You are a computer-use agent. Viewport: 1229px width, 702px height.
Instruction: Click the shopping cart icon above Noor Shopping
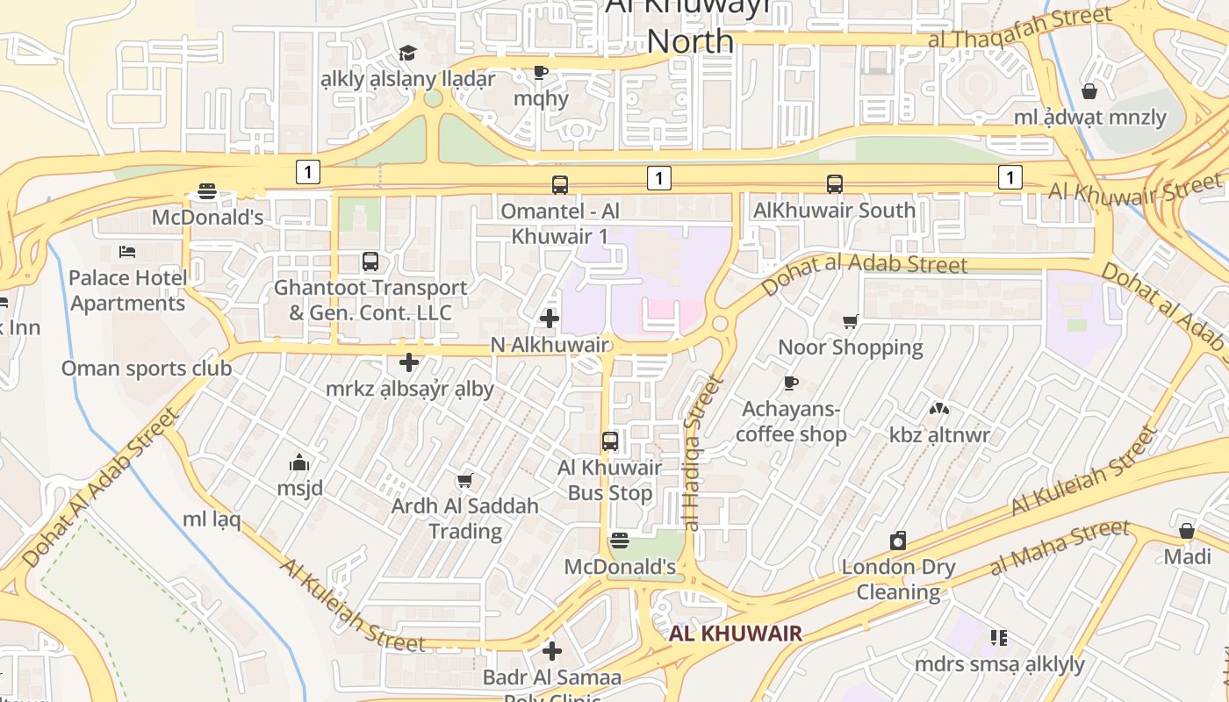click(850, 322)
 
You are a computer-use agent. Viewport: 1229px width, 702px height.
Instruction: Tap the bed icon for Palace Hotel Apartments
click(127, 252)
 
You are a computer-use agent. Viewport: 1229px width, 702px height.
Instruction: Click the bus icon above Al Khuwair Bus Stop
click(610, 441)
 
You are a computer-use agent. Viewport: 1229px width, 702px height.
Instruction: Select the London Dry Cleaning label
click(898, 579)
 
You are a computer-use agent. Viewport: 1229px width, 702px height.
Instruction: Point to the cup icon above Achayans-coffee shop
click(790, 383)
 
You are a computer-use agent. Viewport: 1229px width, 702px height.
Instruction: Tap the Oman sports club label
click(147, 368)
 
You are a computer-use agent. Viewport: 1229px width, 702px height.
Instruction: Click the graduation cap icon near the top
click(407, 54)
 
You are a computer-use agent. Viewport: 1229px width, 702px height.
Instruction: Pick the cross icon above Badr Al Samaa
click(552, 651)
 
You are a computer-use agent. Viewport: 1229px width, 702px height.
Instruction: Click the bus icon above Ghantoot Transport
click(370, 261)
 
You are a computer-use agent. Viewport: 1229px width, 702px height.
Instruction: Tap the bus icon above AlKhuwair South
click(835, 184)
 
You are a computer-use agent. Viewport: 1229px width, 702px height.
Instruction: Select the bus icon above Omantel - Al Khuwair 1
click(560, 185)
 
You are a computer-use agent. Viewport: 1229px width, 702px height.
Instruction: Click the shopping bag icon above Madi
click(1187, 531)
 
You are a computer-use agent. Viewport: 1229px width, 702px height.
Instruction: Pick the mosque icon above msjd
click(299, 462)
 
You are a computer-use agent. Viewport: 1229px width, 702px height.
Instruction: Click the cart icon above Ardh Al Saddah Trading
click(464, 480)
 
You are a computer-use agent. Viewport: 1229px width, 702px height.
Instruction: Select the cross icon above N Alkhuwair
click(550, 319)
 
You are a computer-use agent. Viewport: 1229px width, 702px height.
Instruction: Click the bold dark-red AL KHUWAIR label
click(736, 634)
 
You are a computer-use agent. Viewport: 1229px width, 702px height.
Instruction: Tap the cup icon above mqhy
click(541, 72)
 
